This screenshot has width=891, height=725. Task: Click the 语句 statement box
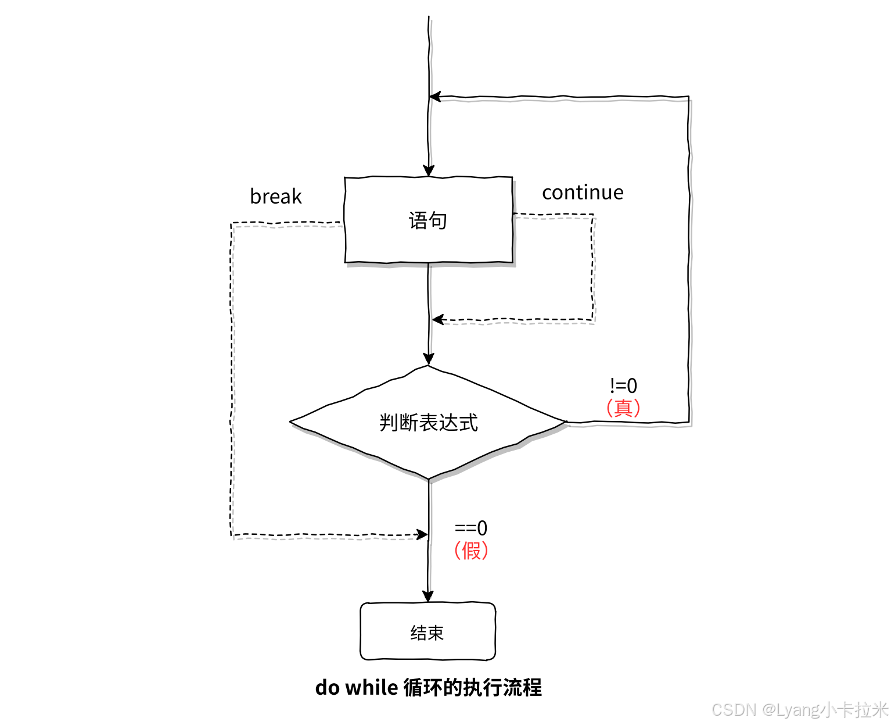[429, 220]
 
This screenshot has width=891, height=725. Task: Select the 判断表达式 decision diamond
[429, 422]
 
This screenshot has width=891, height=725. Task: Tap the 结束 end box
[427, 632]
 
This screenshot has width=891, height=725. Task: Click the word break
[276, 197]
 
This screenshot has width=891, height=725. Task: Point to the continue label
[583, 192]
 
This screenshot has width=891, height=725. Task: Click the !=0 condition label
[623, 385]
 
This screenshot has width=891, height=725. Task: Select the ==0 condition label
[470, 528]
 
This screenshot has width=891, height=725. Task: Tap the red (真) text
[623, 407]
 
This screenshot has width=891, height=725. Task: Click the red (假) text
[471, 550]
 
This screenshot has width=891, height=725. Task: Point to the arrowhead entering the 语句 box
[429, 171]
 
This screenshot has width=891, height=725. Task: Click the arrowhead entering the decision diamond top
[429, 359]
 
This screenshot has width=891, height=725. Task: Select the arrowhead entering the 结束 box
[428, 597]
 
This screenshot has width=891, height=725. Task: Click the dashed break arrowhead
[422, 534]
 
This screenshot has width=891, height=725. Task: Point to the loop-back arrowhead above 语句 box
[435, 97]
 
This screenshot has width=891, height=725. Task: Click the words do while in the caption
[356, 687]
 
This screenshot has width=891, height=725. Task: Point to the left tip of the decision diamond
[291, 421]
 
